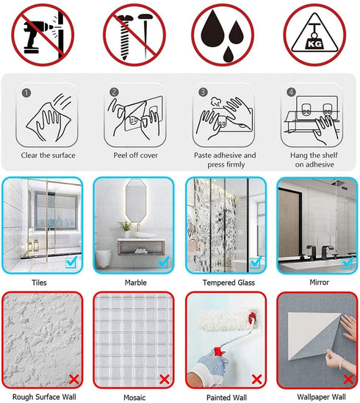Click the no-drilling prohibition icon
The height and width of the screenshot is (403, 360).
43,35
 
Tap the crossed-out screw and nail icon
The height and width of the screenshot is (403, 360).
134,35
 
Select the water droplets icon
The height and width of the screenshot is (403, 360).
223,35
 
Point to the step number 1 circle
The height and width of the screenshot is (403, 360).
26,92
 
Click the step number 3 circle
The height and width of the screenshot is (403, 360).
203,92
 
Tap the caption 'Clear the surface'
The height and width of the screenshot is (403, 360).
48,155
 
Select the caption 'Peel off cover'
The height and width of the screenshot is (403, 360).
136,155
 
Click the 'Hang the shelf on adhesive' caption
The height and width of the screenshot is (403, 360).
314,159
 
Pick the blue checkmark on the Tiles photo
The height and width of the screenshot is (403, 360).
71,262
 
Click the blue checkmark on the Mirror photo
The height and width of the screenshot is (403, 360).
348,263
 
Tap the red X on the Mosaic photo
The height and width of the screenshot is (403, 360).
165,380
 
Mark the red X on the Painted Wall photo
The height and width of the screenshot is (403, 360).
256,380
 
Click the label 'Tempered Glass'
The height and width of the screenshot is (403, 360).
228,283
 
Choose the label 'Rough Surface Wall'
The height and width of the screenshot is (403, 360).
44,397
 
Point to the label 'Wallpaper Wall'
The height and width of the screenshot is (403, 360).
321,397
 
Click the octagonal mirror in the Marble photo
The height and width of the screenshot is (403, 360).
136,200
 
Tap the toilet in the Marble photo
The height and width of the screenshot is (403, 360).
104,258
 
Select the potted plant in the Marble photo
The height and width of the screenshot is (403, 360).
126,229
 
